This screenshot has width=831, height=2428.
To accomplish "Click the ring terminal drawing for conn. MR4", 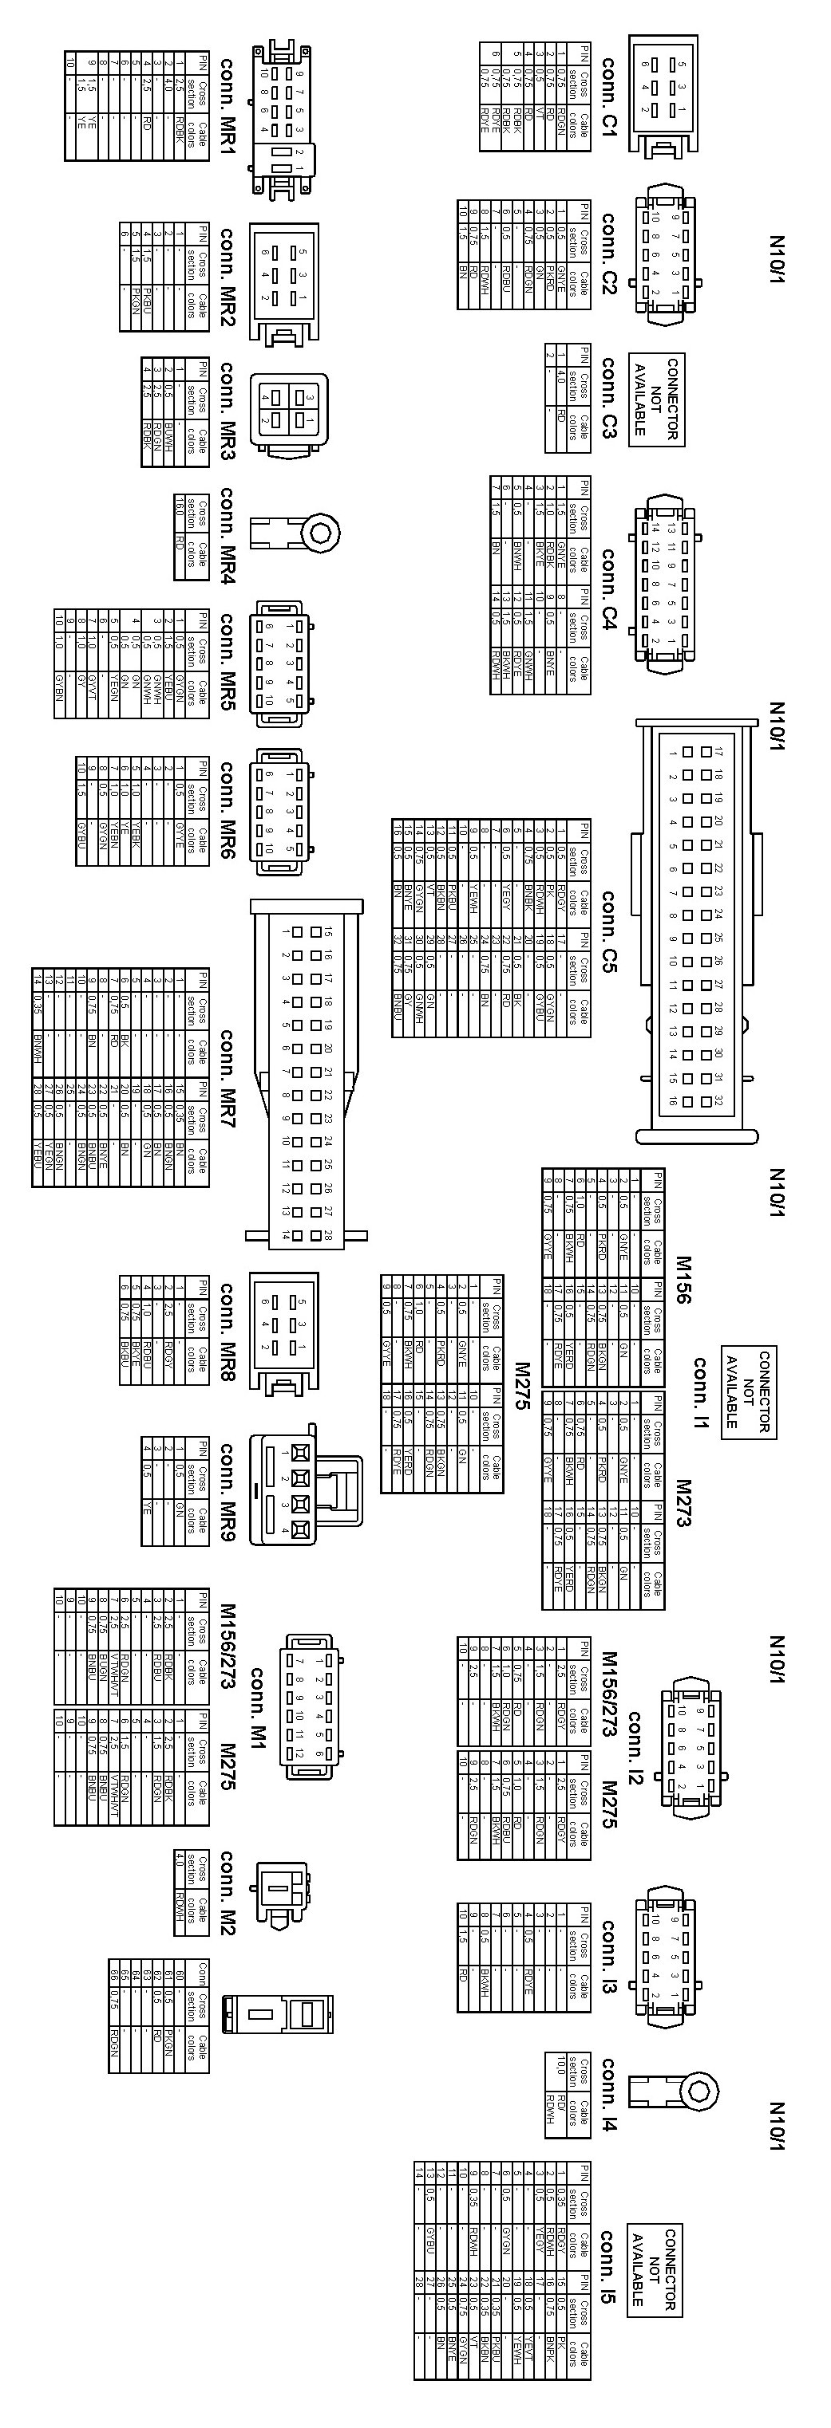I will point(297,534).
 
